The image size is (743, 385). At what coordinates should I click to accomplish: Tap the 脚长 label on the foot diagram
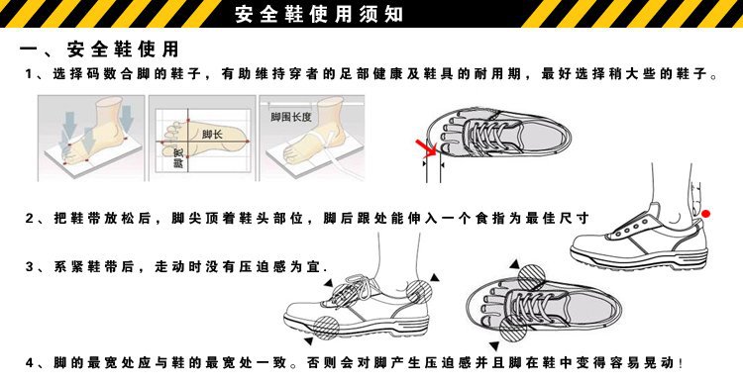[211, 134]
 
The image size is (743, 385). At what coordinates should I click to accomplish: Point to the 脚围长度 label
[290, 117]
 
